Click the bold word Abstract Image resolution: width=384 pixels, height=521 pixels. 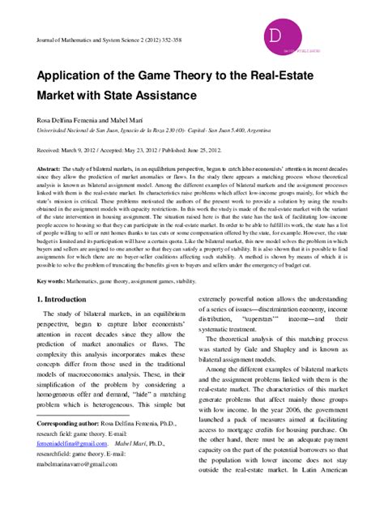click(x=50, y=169)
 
